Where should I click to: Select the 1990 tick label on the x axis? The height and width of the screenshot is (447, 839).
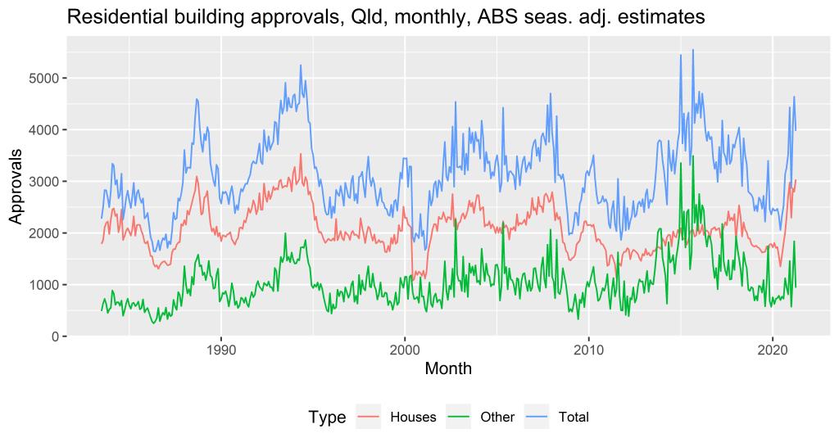click(221, 350)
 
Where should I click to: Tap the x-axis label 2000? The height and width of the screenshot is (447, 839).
click(405, 350)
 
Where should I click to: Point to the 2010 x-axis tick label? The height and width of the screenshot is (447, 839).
click(588, 350)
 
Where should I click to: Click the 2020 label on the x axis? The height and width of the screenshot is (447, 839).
click(772, 350)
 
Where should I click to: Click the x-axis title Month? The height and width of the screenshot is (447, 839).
click(448, 369)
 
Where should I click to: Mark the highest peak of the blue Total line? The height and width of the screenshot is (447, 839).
click(693, 49)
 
